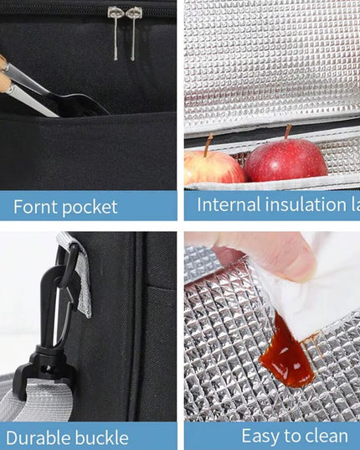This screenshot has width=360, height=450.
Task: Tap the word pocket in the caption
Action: click(90, 207)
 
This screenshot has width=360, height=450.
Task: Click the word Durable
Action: click(43, 437)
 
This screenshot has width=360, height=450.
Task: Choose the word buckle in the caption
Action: click(102, 437)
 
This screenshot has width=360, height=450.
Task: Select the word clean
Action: click(323, 436)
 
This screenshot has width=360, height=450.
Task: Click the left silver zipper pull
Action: click(115, 32)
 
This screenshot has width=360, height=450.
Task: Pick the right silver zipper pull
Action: click(133, 32)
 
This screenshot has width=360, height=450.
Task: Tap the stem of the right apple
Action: click(286, 132)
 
